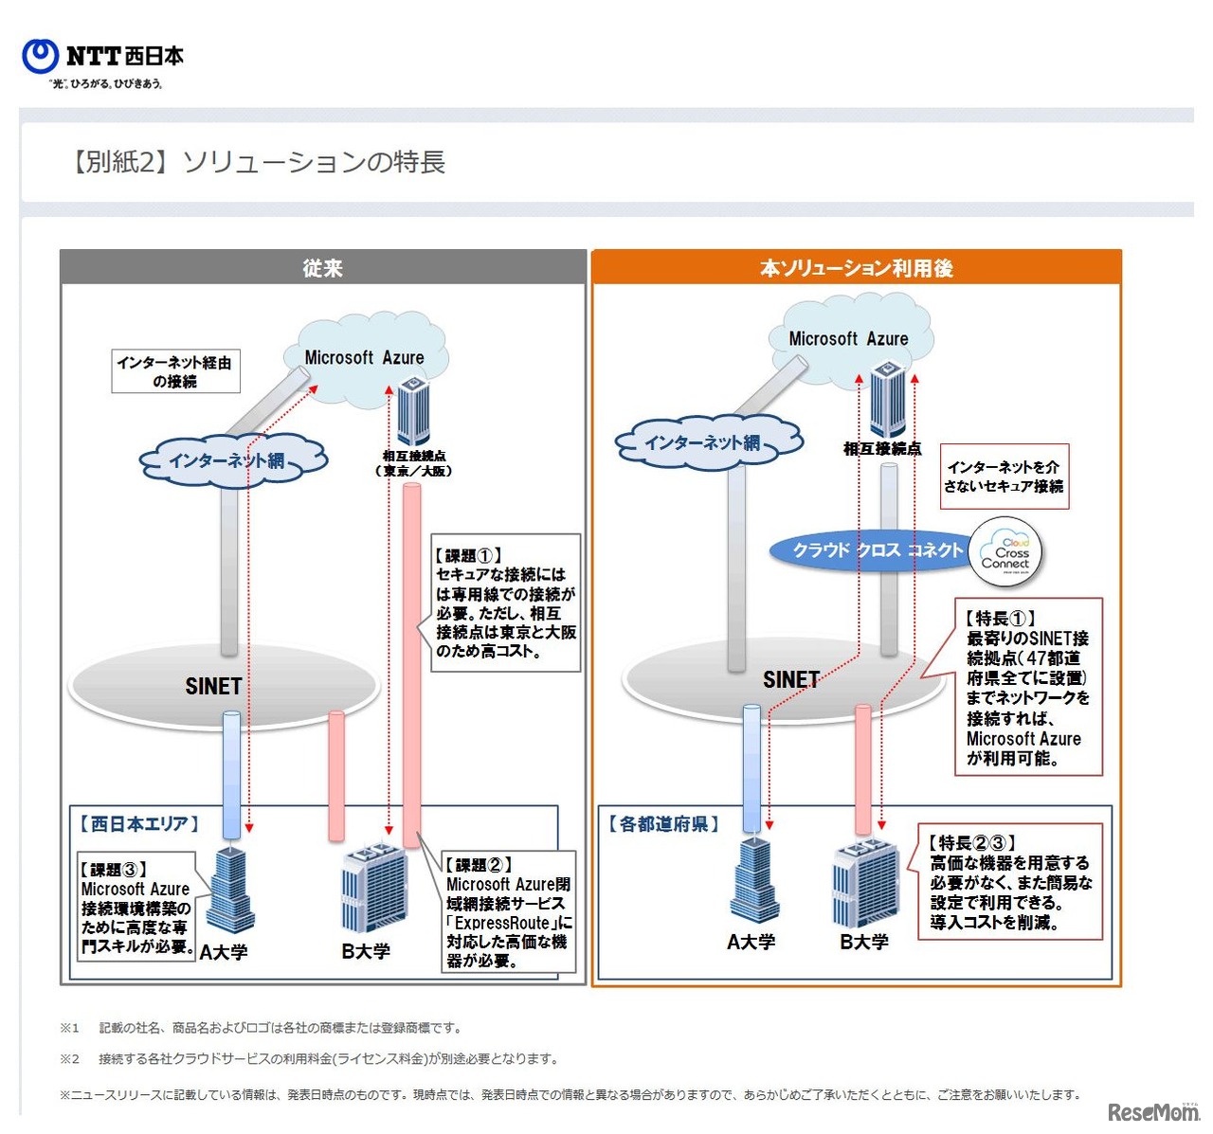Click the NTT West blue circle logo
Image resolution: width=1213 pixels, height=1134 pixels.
click(40, 56)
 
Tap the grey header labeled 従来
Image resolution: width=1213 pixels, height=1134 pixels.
click(322, 268)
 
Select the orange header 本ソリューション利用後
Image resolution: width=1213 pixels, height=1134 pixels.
click(856, 268)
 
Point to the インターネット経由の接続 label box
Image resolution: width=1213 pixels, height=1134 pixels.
click(175, 371)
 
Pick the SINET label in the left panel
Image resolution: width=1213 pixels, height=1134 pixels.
click(213, 686)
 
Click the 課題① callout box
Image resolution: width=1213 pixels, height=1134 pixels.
click(505, 603)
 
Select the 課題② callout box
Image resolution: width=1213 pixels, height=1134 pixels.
click(509, 912)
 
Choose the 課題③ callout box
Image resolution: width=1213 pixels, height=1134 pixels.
click(136, 907)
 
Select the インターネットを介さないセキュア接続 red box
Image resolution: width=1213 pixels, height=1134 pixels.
click(1004, 477)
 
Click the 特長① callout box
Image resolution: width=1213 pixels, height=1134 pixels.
click(1027, 687)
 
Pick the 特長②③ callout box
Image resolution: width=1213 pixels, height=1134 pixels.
click(1010, 882)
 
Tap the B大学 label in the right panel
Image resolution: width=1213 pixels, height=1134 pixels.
click(864, 942)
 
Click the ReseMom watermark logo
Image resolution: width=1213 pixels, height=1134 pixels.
click(1153, 1111)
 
